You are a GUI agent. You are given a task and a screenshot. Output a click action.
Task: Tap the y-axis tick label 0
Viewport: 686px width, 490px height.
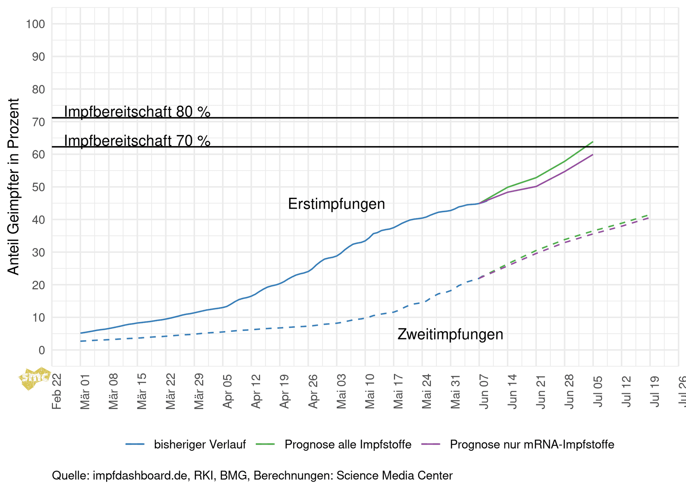[42, 350]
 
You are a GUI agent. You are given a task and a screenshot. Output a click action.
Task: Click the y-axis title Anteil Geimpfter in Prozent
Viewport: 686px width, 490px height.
[13, 187]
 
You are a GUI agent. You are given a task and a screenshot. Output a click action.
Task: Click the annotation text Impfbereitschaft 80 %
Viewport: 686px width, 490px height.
[137, 112]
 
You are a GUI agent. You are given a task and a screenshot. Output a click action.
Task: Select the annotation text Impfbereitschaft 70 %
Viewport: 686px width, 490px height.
[137, 141]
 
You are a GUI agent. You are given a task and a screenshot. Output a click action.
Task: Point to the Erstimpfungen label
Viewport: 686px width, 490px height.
[336, 204]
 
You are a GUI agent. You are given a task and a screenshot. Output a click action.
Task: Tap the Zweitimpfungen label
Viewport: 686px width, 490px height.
[450, 334]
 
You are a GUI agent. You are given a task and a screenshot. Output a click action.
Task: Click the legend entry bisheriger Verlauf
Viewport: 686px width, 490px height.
[200, 444]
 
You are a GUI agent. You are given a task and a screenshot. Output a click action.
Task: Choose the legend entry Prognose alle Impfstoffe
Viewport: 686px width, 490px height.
[348, 444]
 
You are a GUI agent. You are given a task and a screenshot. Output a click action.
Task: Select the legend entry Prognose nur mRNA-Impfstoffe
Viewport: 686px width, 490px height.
[532, 444]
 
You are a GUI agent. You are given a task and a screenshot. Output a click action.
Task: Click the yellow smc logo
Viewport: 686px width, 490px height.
[35, 379]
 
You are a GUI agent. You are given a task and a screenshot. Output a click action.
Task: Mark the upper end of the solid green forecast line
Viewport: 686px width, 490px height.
[593, 142]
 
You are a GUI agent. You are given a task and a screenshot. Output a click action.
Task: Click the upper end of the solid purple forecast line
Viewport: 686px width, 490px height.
[593, 155]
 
